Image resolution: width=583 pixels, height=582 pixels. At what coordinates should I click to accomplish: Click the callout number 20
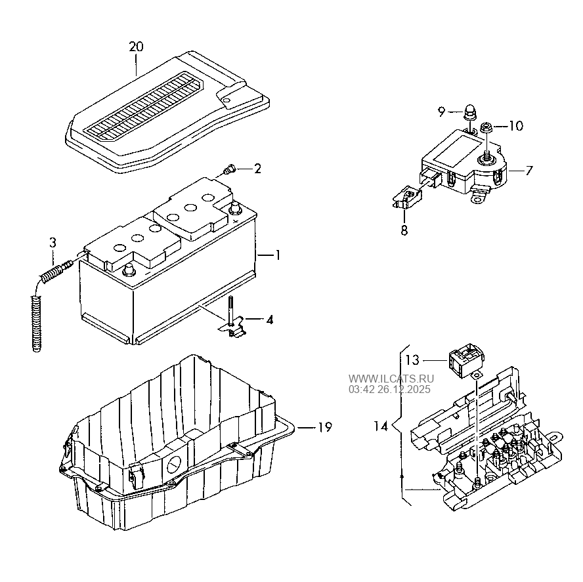point(136,47)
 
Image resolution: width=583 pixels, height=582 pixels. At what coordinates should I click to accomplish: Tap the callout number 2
point(257,169)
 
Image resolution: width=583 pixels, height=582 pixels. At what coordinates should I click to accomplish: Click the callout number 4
point(270,320)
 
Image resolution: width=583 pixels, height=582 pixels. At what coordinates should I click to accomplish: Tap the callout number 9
point(442,112)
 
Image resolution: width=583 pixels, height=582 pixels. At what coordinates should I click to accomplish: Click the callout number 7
point(529,171)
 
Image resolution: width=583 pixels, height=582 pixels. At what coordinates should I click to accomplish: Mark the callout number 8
point(404,230)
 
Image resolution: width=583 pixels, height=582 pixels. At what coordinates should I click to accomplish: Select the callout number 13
point(412,360)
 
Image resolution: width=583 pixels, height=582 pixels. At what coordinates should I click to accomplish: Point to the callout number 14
point(381,426)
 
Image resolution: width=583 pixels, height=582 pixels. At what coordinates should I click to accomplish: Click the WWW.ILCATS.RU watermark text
point(391,379)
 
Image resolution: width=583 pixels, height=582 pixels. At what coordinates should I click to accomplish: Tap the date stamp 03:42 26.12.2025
point(389,389)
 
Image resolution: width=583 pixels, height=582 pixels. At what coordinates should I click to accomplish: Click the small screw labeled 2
point(229,170)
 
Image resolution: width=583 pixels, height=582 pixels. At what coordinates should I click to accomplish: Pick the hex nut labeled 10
point(486,127)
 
